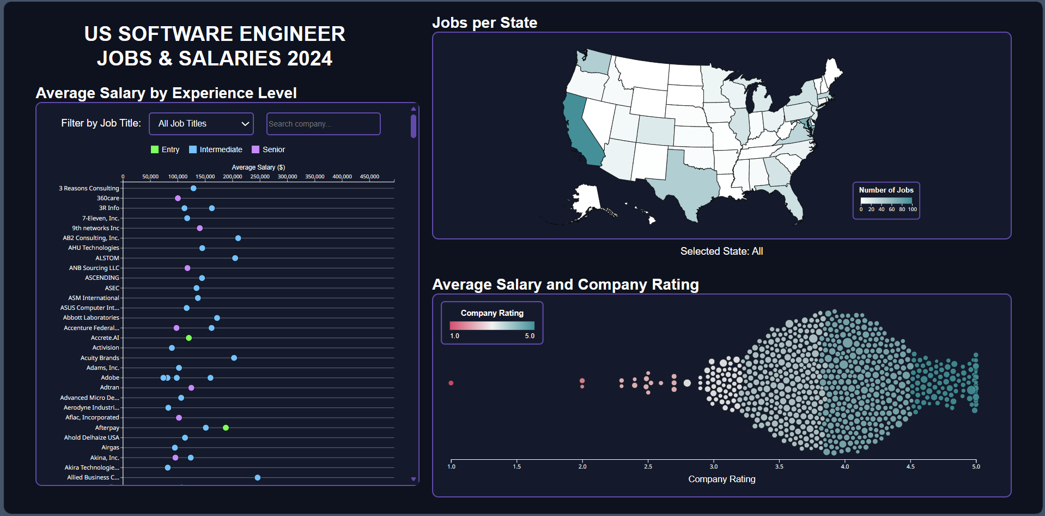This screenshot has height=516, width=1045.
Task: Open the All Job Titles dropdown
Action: click(201, 124)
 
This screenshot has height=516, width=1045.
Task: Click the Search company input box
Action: click(323, 124)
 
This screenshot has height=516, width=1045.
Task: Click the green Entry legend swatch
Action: click(155, 149)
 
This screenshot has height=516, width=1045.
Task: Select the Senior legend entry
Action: click(268, 149)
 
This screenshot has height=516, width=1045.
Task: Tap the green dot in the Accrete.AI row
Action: click(189, 338)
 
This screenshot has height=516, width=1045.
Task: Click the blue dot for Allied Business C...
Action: click(258, 478)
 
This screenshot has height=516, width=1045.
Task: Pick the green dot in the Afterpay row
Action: click(226, 428)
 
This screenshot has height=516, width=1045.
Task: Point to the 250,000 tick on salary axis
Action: click(260, 177)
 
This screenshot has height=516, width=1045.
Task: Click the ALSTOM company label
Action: click(107, 258)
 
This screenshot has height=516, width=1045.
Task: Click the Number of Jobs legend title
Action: click(886, 190)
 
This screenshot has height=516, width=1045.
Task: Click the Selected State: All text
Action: click(721, 251)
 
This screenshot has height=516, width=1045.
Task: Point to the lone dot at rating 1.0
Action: click(451, 383)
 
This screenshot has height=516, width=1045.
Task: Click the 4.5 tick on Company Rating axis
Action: click(910, 466)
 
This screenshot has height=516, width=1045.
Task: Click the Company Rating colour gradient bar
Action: click(492, 326)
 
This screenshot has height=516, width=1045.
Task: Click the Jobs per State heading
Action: click(484, 23)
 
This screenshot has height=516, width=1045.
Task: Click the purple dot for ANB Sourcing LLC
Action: click(187, 268)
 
